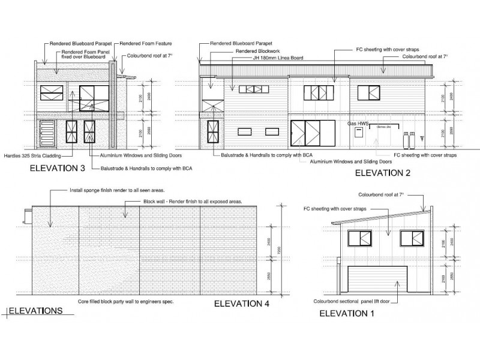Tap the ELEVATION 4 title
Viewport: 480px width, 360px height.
click(x=241, y=304)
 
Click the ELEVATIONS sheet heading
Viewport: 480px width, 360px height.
click(x=35, y=311)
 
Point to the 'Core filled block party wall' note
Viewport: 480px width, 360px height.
click(x=126, y=301)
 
